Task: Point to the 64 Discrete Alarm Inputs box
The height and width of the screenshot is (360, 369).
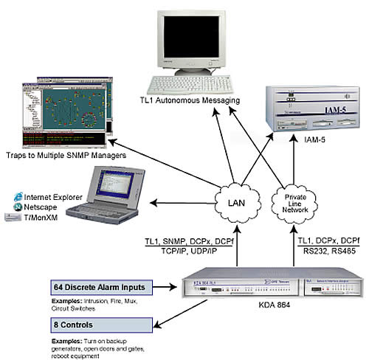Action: point(108,286)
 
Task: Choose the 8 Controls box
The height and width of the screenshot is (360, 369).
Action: point(108,325)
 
